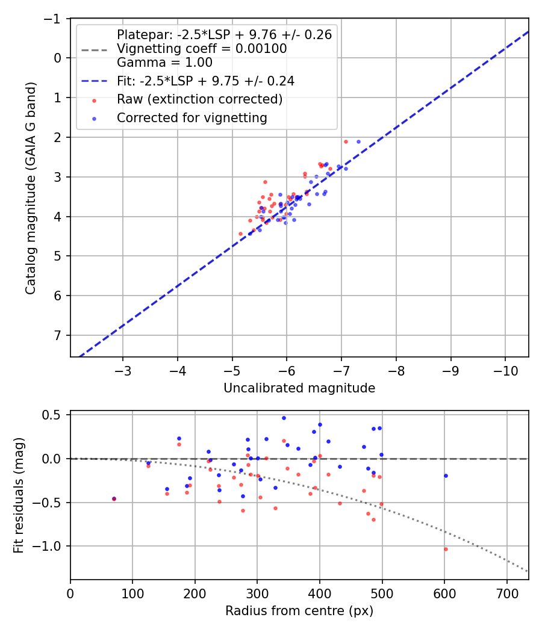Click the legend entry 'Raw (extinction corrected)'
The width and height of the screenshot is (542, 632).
(x=199, y=99)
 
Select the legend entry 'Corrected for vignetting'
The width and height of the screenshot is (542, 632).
(x=192, y=118)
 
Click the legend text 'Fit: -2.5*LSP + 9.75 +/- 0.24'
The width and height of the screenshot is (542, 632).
(x=205, y=80)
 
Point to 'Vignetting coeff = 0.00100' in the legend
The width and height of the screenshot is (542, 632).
(x=202, y=48)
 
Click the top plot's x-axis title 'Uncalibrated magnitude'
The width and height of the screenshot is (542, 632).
(x=299, y=388)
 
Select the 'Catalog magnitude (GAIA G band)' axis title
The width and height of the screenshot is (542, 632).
(x=31, y=188)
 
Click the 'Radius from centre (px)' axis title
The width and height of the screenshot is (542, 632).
(x=299, y=611)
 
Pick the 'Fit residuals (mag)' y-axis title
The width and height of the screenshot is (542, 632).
(x=19, y=495)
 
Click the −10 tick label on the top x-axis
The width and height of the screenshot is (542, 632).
(x=502, y=370)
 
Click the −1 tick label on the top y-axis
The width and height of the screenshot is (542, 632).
(x=54, y=19)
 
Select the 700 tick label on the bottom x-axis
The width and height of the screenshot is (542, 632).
(x=506, y=593)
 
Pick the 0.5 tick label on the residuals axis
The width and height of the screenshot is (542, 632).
(x=54, y=415)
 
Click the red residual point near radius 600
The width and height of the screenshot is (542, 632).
(x=446, y=549)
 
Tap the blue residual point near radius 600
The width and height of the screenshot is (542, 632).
(x=446, y=476)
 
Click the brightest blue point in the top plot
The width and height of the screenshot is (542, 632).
(x=358, y=142)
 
